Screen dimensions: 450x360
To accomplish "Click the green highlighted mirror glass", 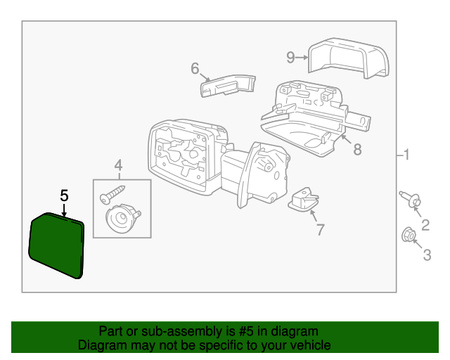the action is click(56, 245).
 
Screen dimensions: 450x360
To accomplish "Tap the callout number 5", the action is click(64, 195).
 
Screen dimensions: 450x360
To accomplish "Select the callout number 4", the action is click(118, 166).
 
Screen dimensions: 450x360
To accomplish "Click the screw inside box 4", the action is click(112, 194).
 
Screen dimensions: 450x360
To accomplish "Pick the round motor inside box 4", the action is click(122, 219).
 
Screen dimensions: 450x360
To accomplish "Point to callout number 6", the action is click(195, 68).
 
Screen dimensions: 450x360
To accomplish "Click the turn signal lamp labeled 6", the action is click(228, 86).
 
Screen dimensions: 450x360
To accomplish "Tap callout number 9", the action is click(290, 57).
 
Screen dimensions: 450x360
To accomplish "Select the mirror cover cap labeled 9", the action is click(349, 58).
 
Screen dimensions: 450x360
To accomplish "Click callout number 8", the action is click(357, 150).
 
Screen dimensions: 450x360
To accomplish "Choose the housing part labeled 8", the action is click(314, 119).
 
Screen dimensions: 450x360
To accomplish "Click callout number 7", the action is click(321, 229).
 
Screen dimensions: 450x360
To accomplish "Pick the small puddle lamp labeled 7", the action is click(304, 200).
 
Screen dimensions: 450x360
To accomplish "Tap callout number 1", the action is click(406, 155).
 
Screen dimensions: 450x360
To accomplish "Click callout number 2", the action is click(425, 225).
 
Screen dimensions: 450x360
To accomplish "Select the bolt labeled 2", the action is click(410, 199).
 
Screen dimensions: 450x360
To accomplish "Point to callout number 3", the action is click(427, 255).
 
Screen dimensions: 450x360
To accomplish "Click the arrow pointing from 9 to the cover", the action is click(302, 58).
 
